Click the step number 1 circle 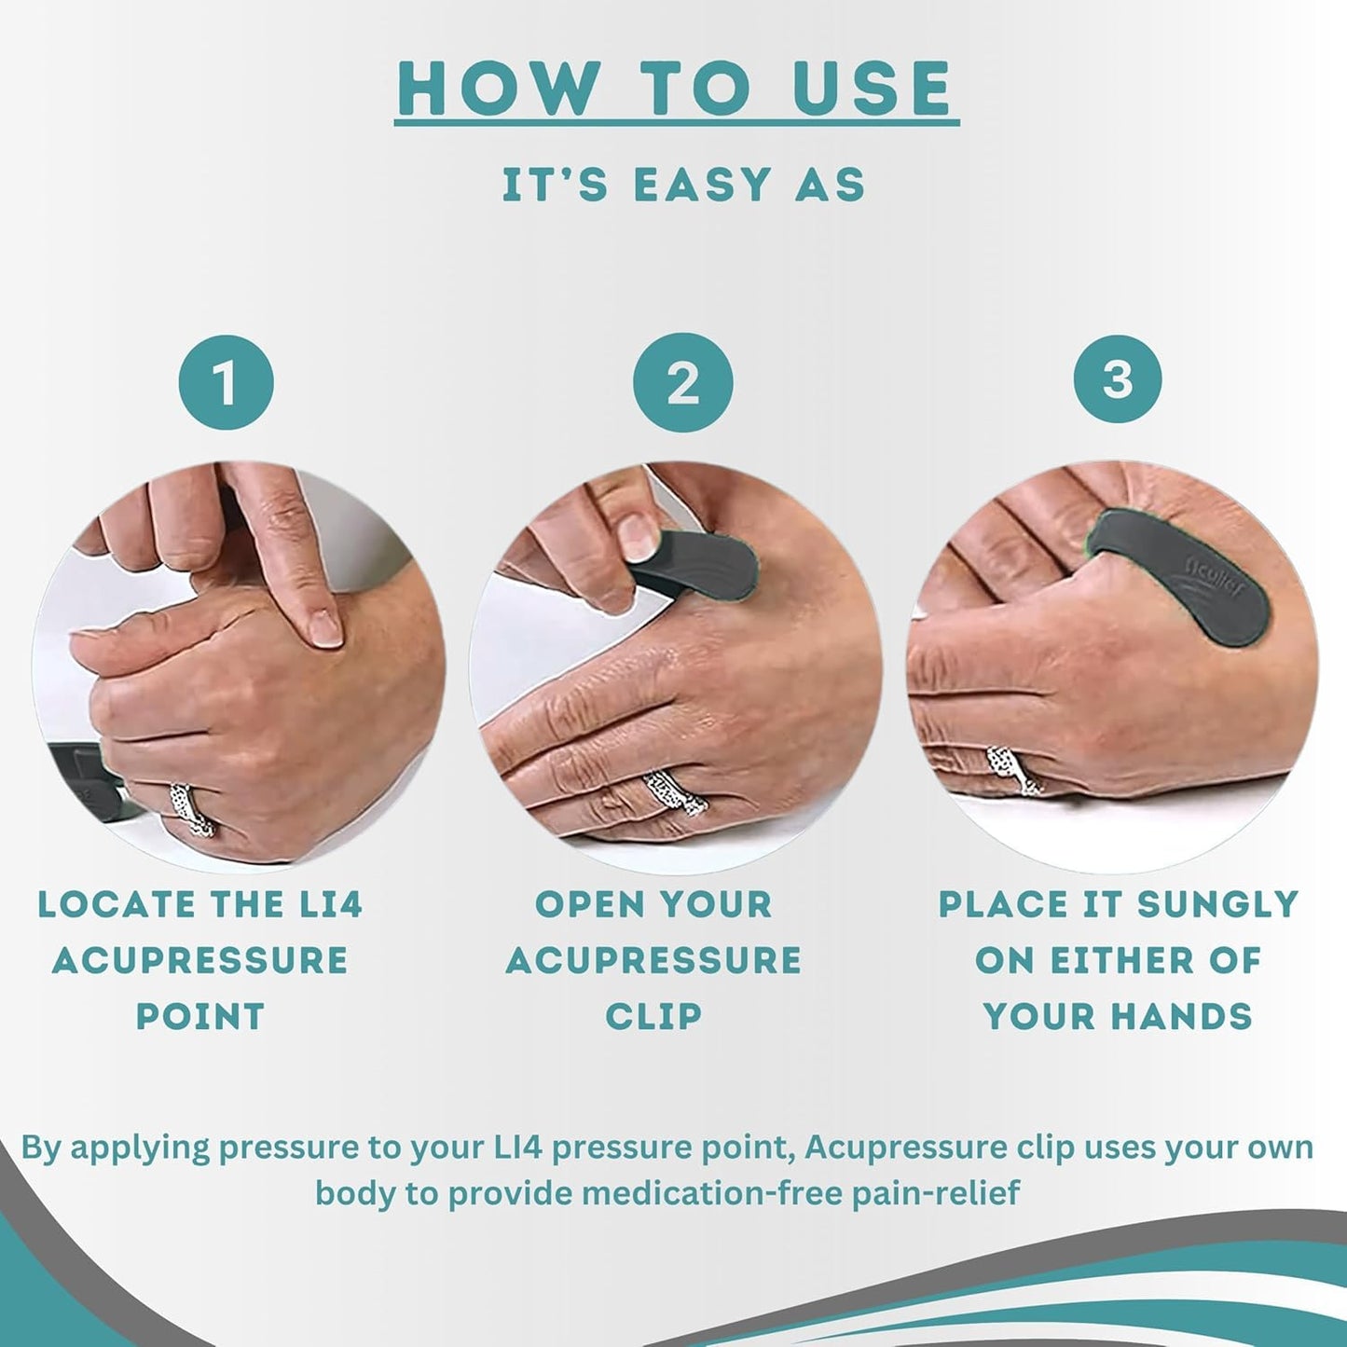point(226,383)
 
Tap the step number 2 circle point(682,382)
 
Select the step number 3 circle point(1117,379)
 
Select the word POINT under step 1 point(200,1016)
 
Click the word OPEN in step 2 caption point(589,905)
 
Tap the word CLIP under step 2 point(653,1016)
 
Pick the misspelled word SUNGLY point(1217,905)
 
